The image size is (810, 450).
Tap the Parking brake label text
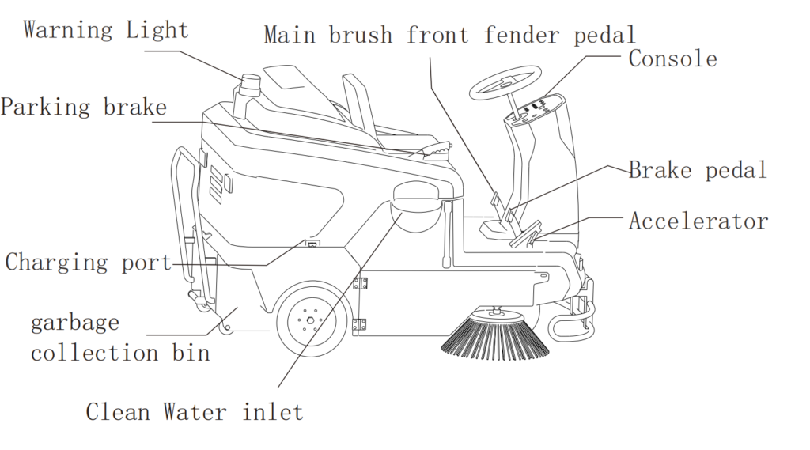point(83,108)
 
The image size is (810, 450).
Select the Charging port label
point(88,262)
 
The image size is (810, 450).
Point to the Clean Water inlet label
point(194,412)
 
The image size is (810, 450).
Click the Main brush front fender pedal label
point(449,35)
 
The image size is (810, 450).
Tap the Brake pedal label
point(698,170)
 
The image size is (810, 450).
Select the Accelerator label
point(698,221)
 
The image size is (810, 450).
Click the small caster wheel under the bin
point(225,326)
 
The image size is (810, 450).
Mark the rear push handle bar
point(180,214)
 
